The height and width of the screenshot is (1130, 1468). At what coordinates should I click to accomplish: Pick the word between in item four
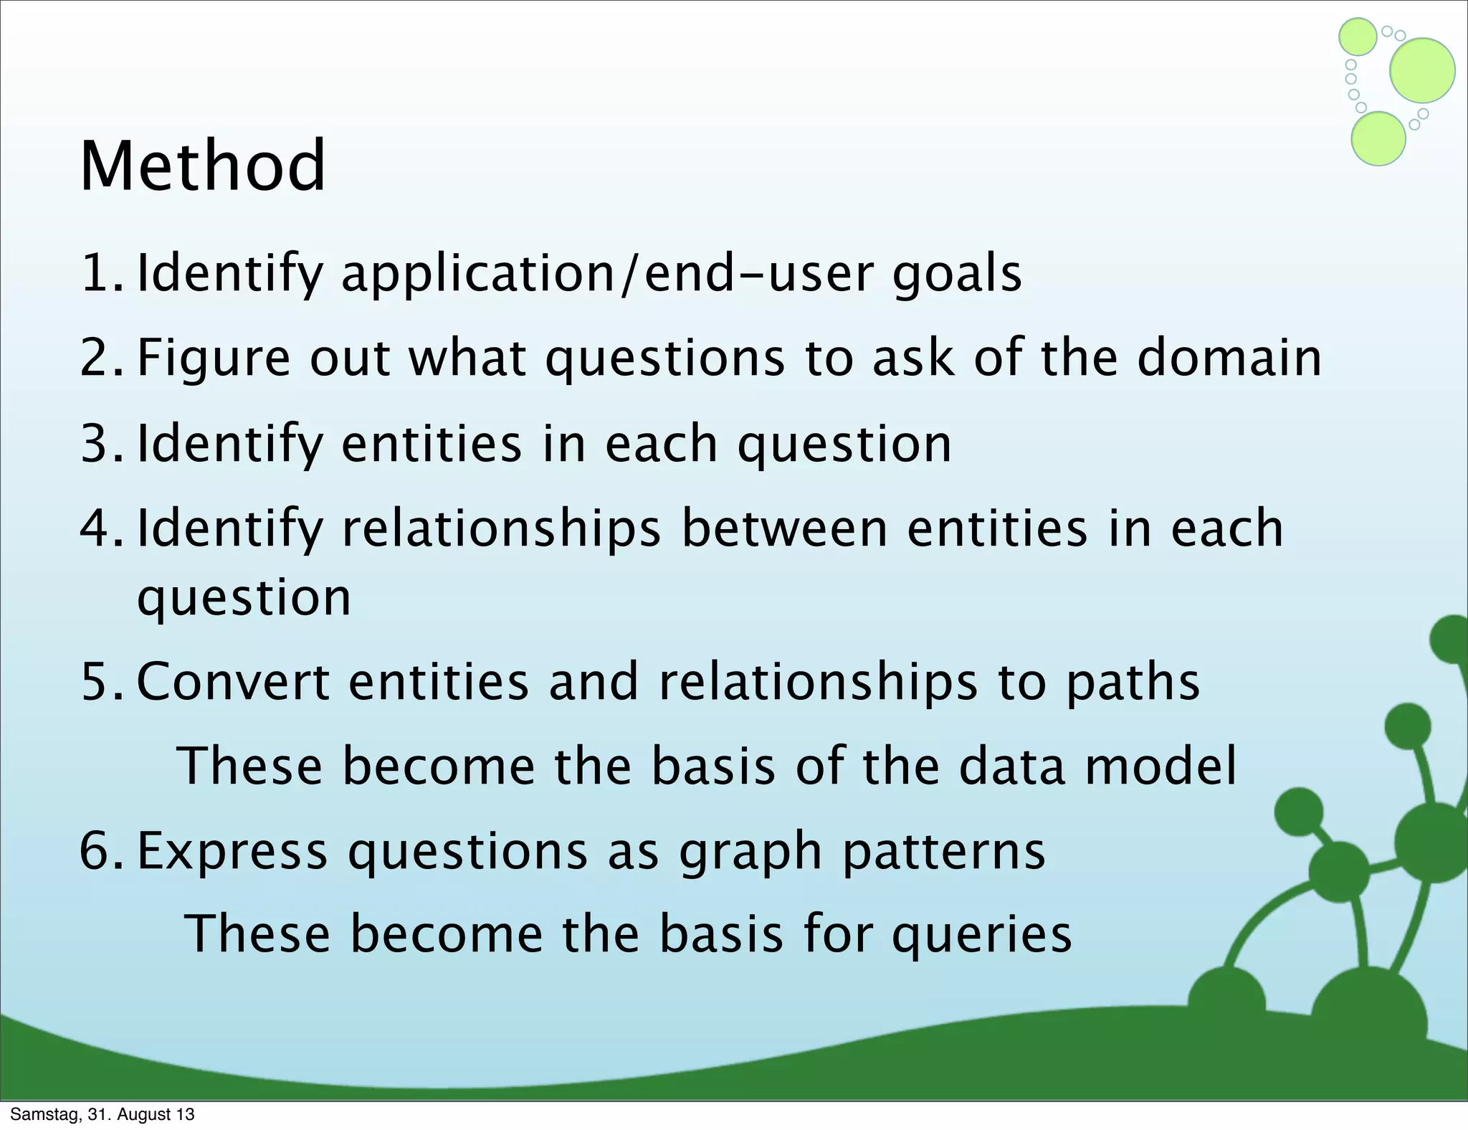click(783, 528)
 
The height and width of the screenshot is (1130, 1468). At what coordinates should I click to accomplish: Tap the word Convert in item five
click(233, 681)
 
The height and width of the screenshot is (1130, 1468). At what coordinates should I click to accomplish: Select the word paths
click(1133, 683)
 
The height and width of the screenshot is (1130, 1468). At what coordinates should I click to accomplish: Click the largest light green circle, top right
click(1422, 70)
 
